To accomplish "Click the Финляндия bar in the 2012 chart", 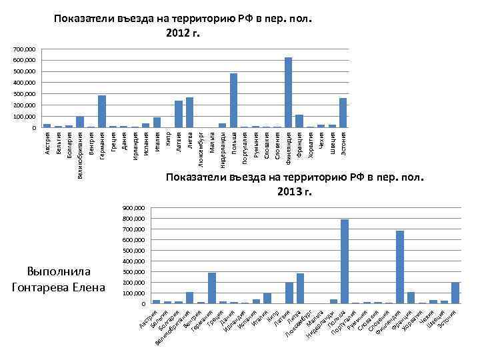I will tap(289, 93).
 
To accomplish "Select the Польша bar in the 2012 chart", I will tap(233, 101).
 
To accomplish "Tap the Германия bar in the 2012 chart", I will tap(102, 111).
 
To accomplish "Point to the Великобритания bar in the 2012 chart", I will tap(80, 122).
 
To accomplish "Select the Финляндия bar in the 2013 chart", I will tap(400, 267).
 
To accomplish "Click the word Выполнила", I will tap(59, 272).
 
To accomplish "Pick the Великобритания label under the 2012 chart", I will tap(80, 155).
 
